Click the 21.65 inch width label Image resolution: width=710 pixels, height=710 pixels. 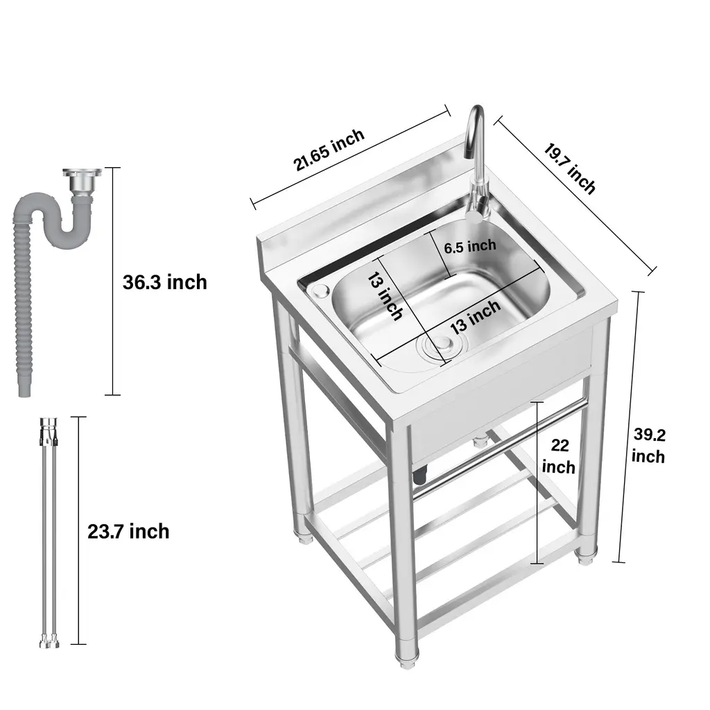pyautogui.click(x=329, y=150)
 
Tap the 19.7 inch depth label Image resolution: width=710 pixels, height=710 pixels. pyautogui.click(x=570, y=168)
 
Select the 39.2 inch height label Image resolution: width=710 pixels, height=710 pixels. pyautogui.click(x=649, y=446)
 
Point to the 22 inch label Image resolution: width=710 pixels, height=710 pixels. pyautogui.click(x=560, y=456)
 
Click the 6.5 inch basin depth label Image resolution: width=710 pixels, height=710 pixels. pyautogui.click(x=470, y=247)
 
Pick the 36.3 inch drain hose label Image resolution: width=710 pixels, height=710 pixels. pyautogui.click(x=165, y=282)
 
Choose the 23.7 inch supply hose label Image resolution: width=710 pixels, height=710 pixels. pyautogui.click(x=128, y=531)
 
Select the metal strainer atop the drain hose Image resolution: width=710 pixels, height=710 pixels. pyautogui.click(x=82, y=180)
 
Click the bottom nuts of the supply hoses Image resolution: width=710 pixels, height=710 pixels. pyautogui.click(x=49, y=643)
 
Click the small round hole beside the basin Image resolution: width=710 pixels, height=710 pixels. pyautogui.click(x=321, y=291)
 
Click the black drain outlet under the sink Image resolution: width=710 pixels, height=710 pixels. pyautogui.click(x=419, y=476)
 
